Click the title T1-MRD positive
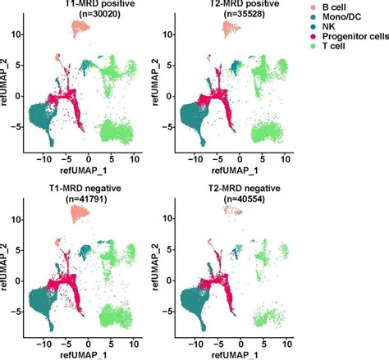(x=80, y=6)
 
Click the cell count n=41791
(x=80, y=200)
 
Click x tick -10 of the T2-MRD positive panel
(x=194, y=157)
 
